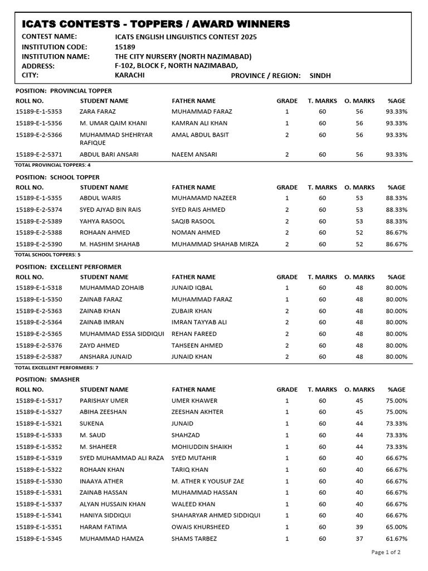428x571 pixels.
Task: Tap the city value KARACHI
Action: point(129,75)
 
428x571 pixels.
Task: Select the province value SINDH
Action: point(320,75)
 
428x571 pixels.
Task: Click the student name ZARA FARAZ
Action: point(98,112)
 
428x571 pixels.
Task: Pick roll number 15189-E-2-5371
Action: point(39,154)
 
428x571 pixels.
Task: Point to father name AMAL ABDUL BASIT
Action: point(200,135)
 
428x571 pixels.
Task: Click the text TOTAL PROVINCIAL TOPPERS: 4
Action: point(52,165)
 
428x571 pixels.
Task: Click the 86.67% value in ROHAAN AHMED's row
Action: point(396,233)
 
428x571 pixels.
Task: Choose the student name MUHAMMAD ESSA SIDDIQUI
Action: point(121,334)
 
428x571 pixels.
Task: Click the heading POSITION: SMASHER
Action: point(47,379)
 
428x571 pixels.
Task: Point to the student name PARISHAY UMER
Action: point(104,401)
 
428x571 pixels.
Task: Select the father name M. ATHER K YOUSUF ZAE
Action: point(208,481)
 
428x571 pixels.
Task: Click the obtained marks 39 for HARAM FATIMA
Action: point(359,527)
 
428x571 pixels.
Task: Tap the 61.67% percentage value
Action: point(396,539)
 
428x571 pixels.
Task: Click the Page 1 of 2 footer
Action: point(386,552)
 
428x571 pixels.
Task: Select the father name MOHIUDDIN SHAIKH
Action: point(202,447)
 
